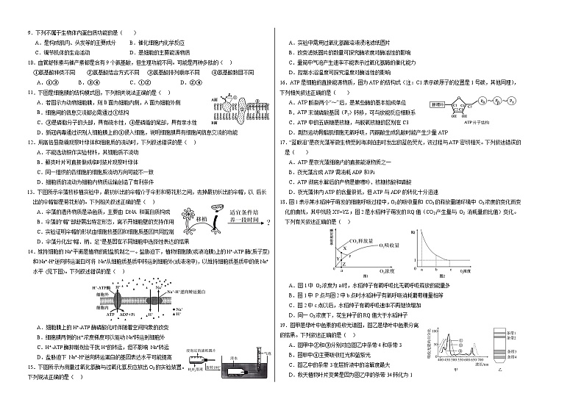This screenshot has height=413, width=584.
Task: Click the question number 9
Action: coord(29,32)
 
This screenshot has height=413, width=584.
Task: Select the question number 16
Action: coord(282,83)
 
